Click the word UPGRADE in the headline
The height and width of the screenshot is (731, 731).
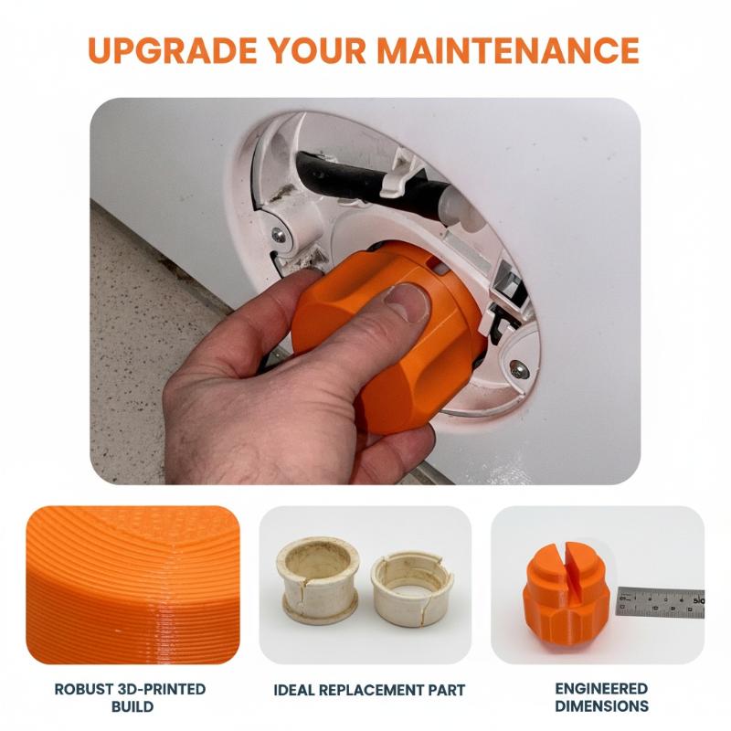(x=173, y=50)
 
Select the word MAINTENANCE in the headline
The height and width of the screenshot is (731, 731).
(x=509, y=50)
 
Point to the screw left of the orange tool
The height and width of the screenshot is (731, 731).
(x=279, y=235)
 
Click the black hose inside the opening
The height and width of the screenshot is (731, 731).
(x=373, y=182)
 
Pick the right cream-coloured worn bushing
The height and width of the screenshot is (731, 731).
(x=413, y=588)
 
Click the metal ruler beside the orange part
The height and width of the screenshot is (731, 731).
(x=661, y=602)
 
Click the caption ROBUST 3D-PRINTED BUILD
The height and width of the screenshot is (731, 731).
(x=130, y=697)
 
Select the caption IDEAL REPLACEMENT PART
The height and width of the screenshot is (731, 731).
(x=369, y=690)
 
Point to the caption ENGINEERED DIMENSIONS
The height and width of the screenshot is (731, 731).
(x=601, y=697)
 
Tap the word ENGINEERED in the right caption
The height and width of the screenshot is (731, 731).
(x=601, y=689)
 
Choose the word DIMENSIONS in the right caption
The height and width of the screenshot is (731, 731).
(x=601, y=705)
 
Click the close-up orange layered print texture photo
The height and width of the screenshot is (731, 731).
(x=132, y=585)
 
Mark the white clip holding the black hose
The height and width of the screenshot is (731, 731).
(x=397, y=175)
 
